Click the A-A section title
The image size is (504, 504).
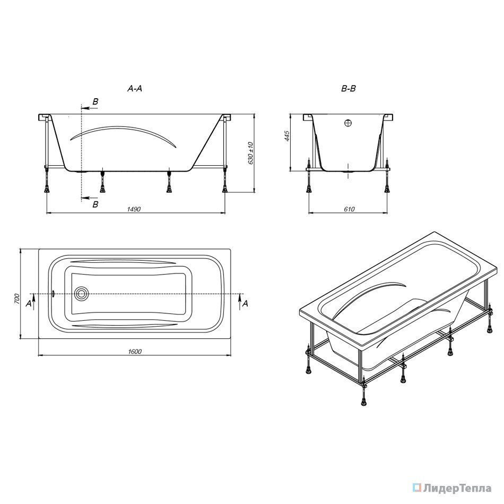[135, 88]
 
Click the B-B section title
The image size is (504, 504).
[349, 88]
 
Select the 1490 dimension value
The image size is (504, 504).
[134, 209]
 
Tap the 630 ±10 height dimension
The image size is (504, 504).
[251, 153]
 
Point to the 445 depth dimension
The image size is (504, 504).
[287, 136]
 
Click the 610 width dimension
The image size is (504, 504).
[350, 209]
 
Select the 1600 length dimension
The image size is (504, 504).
[135, 352]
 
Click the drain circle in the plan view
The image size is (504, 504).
[81, 294]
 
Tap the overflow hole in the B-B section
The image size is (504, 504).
[348, 123]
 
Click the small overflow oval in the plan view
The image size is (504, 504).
[54, 294]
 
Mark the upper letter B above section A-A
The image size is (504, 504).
[95, 101]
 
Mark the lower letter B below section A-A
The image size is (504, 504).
[95, 204]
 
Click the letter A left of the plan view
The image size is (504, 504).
[29, 303]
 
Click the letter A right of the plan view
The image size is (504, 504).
[245, 303]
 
